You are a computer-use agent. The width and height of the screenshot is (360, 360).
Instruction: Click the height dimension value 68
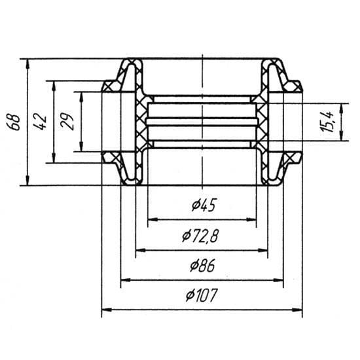(x=16, y=122)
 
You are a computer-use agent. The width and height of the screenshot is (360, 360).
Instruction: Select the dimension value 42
(x=41, y=122)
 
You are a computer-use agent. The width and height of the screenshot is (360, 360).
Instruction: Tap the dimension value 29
(x=67, y=122)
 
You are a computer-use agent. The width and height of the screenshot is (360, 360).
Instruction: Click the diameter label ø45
(x=204, y=205)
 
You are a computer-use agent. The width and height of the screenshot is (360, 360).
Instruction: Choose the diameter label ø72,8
(x=200, y=236)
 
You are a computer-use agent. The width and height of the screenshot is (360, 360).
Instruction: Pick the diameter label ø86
(x=202, y=265)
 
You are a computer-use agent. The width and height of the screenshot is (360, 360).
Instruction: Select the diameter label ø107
(x=201, y=295)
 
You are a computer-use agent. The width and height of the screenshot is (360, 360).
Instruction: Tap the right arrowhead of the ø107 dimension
(x=297, y=310)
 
